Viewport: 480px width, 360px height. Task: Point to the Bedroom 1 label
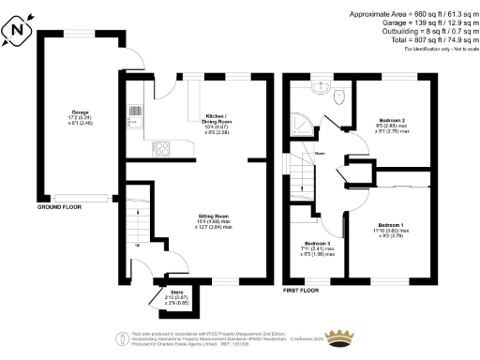[391, 226]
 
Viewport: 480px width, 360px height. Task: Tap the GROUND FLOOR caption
[61, 205]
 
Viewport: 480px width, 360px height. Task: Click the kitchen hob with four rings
[160, 147]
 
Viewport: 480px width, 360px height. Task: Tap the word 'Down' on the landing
[320, 154]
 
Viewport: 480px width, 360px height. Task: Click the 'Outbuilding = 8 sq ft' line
[416, 31]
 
